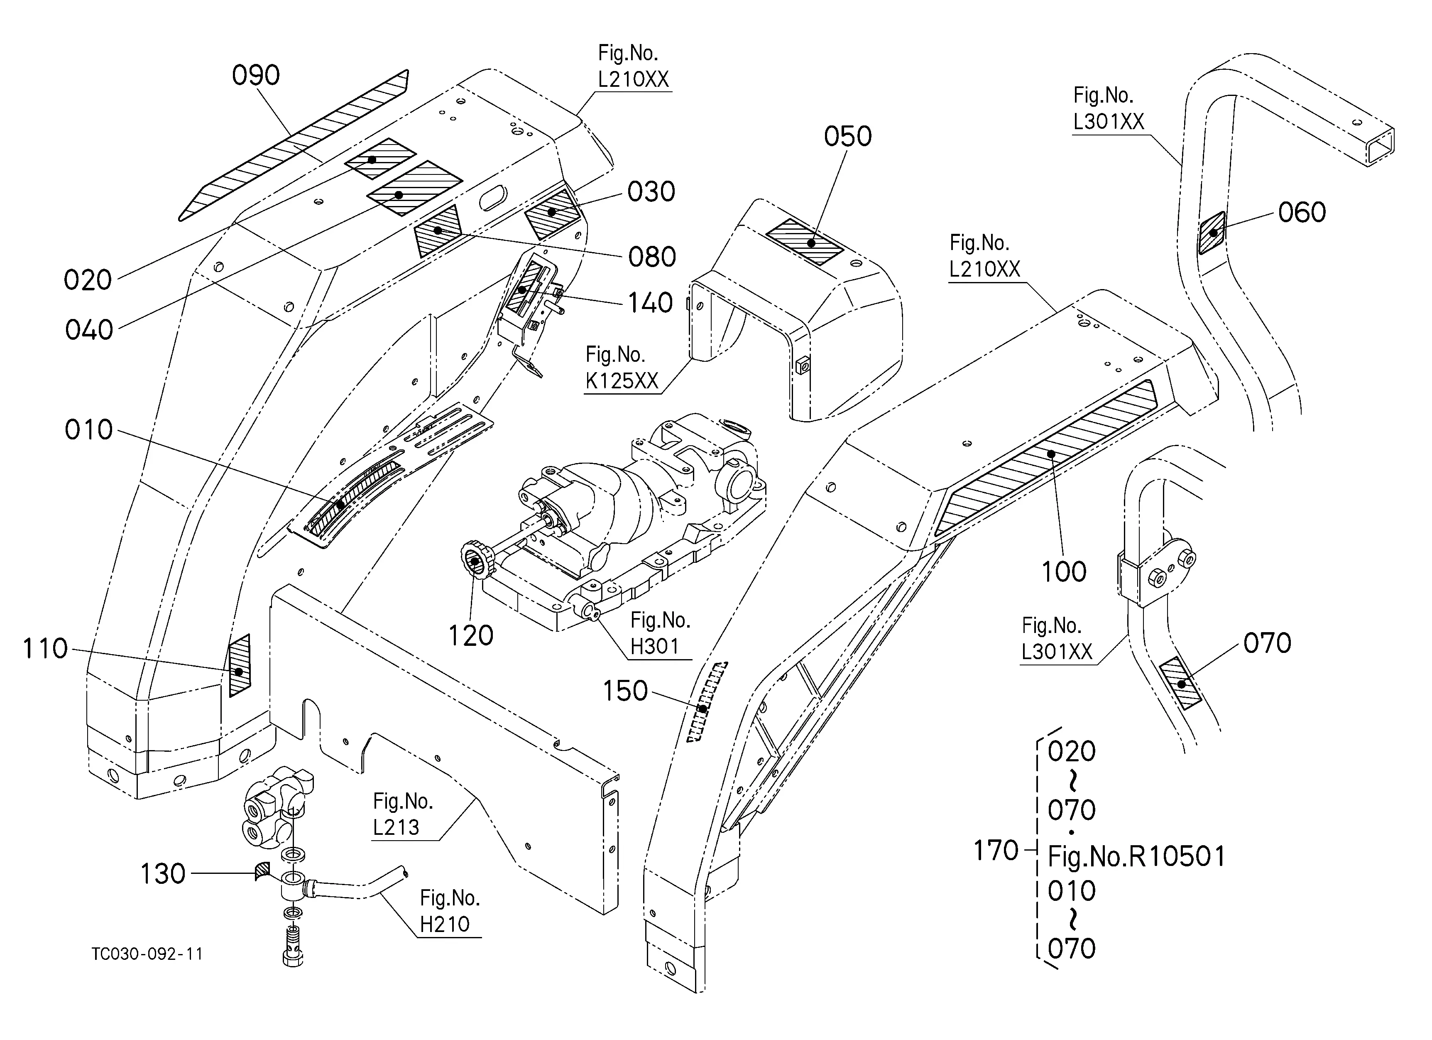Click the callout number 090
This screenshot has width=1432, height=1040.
pos(256,75)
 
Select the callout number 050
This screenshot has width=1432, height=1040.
pos(848,136)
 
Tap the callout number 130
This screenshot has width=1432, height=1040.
pos(163,874)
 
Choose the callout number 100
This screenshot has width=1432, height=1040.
pos(1064,572)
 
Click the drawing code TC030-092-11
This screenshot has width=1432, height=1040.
pos(147,954)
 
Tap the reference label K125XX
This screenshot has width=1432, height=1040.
pos(622,381)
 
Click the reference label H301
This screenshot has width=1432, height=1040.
pos(655,647)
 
